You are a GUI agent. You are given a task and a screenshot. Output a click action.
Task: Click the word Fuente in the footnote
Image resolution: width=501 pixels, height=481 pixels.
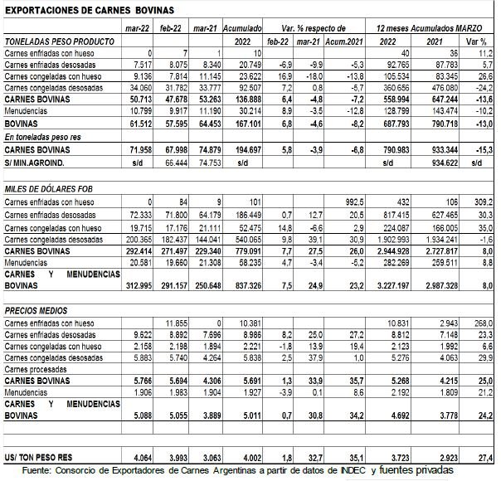pos(37,470)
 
